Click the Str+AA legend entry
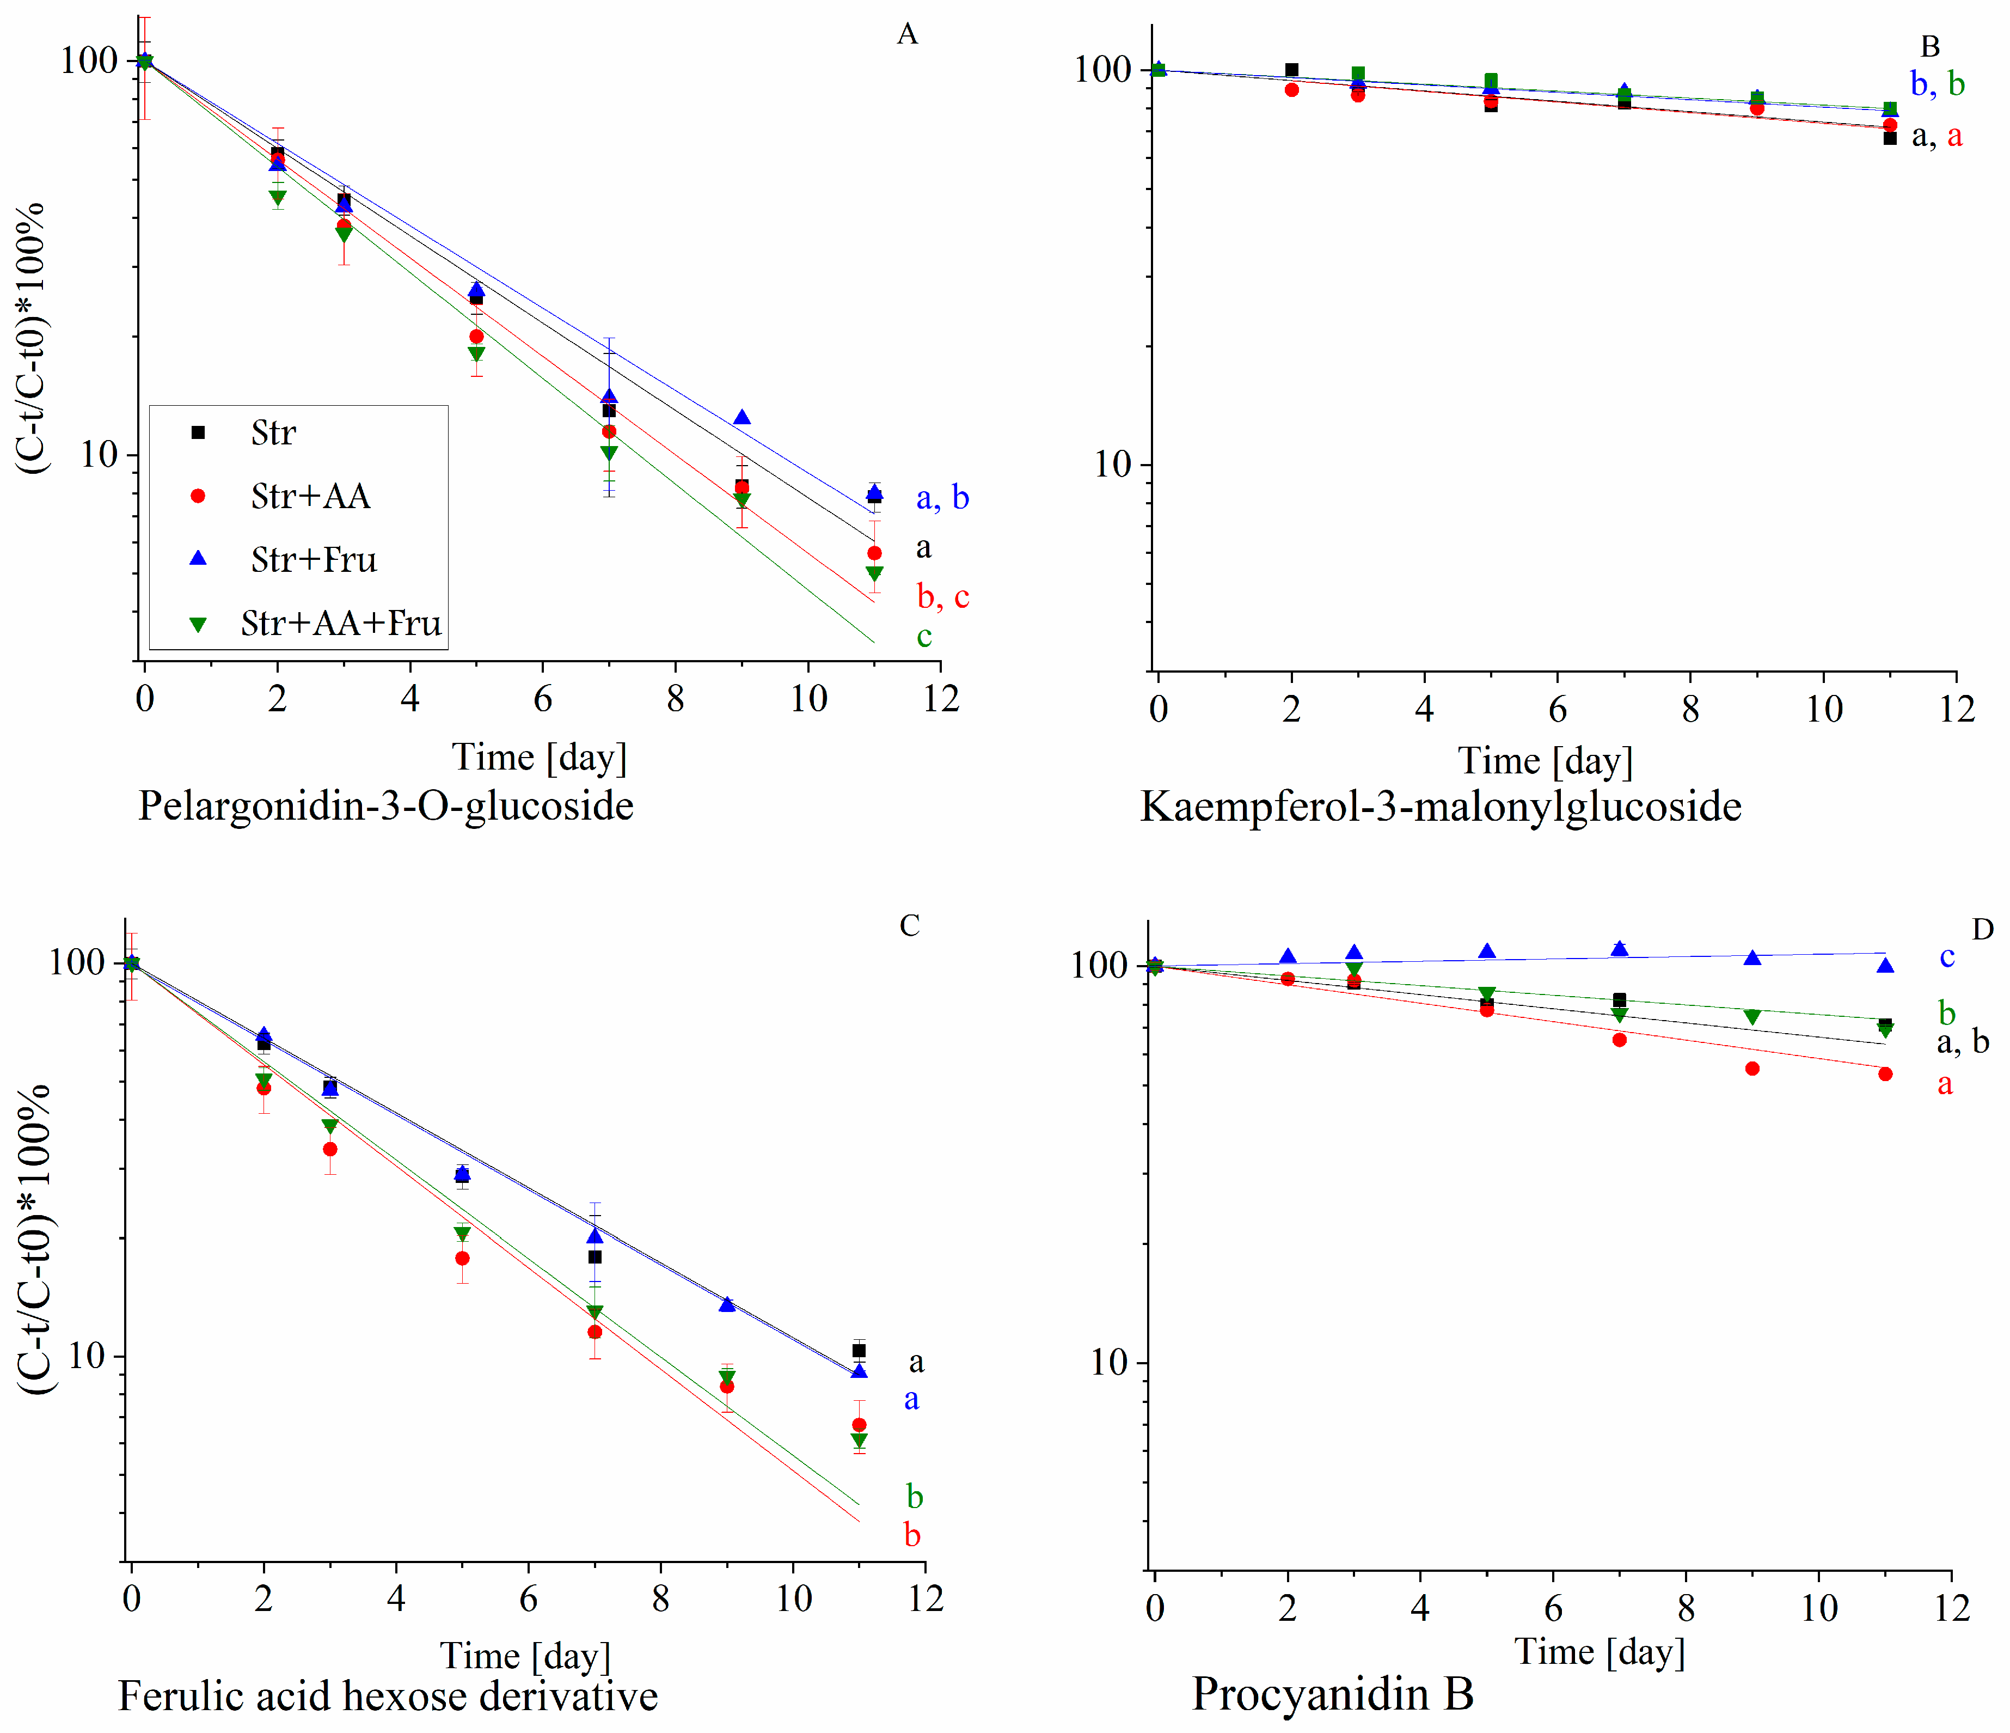point(309,496)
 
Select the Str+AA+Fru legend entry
point(340,623)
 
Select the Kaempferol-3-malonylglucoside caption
point(1441,807)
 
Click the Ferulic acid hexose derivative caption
point(388,1696)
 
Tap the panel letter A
point(907,35)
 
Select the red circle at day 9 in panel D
point(1752,1069)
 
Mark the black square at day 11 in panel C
point(859,1351)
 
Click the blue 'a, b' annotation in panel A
point(942,498)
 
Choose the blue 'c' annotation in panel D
point(1946,957)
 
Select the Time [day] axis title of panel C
point(525,1655)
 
